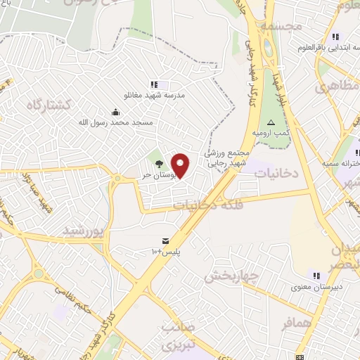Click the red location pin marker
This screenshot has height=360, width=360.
[x=181, y=165]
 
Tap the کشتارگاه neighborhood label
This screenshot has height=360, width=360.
[x=49, y=105]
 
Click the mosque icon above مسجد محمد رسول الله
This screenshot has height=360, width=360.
[x=115, y=112]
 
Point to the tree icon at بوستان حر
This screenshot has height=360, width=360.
[x=157, y=165]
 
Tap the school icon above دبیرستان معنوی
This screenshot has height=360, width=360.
[x=316, y=275]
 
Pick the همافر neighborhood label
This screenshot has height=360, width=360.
[x=296, y=323]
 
